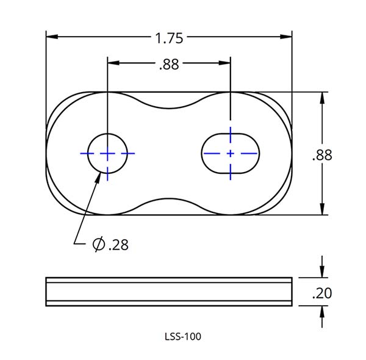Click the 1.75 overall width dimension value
169,38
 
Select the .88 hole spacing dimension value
168,64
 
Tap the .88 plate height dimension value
321,155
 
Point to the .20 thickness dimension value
321,293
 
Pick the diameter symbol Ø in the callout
98,245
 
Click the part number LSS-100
183,336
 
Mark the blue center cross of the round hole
107,153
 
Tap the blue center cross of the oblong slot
230,153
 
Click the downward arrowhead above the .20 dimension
321,272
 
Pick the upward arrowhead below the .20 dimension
321,311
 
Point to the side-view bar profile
169,292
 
